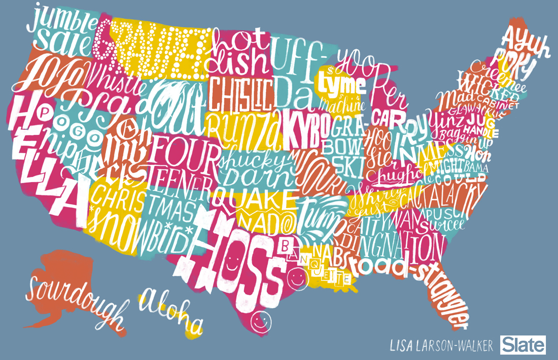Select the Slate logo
(524, 345)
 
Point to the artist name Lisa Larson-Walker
(441, 346)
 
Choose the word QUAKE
(254, 198)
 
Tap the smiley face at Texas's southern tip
(262, 321)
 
